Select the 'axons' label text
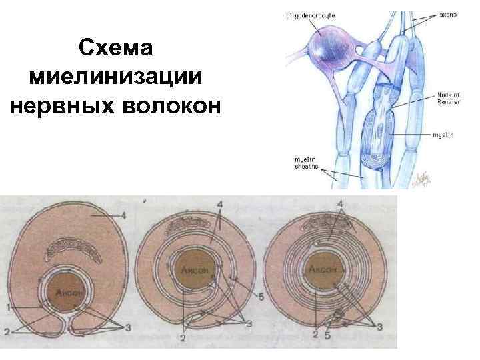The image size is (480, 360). point(448,14)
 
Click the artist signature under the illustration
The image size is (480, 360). point(421,179)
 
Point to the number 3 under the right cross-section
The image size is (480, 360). point(379,327)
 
